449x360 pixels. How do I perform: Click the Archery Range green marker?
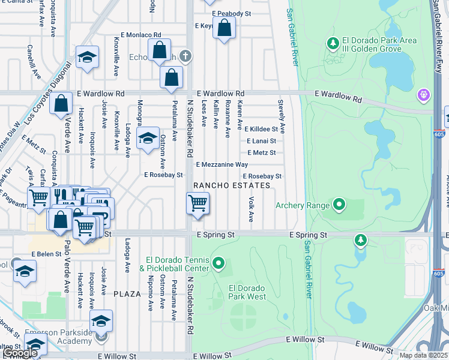tap(339, 206)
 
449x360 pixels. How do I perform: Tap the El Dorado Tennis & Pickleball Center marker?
tap(219, 263)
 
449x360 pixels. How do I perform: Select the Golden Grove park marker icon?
tap(333, 43)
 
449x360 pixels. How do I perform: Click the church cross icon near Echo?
tap(186, 56)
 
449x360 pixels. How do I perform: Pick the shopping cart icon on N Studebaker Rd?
tap(197, 204)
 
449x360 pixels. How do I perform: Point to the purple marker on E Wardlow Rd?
tap(424, 95)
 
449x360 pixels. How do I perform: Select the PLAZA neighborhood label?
tap(127, 294)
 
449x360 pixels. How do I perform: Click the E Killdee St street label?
tap(261, 129)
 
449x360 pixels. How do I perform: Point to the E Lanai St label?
tap(261, 141)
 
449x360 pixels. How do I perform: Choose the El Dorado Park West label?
tap(247, 292)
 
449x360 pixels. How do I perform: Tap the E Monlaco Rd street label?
tap(141, 35)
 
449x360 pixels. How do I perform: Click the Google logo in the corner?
tap(20, 352)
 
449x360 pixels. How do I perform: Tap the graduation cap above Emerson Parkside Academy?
tap(101, 320)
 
